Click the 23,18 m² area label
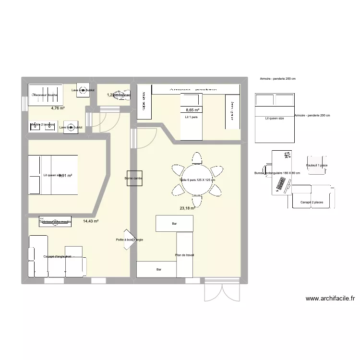(x=187, y=208)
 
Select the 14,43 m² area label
(x=90, y=221)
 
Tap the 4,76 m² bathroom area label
(x=58, y=108)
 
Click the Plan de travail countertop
(x=185, y=255)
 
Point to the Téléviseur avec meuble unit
(x=55, y=222)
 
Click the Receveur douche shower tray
(x=46, y=95)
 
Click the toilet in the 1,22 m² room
(x=122, y=95)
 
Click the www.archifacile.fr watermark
(x=330, y=298)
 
